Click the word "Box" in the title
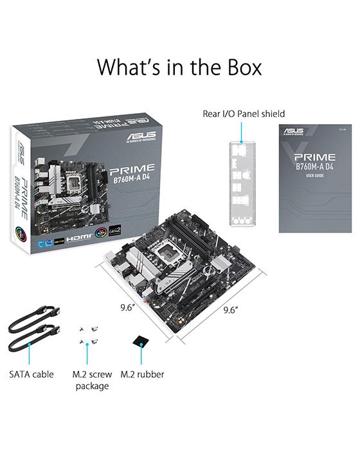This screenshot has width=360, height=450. pos(239,66)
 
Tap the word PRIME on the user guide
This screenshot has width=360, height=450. pos(310,156)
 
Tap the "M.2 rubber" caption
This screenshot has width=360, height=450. pos(142,374)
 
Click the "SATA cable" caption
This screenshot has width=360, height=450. pos(31,374)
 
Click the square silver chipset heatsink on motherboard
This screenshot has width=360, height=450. pos(212,280)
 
